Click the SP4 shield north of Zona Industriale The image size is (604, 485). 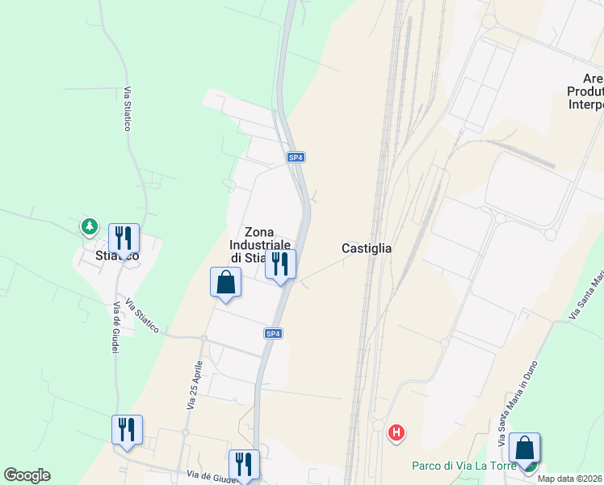[296, 158]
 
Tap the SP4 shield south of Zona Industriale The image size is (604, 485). [274, 333]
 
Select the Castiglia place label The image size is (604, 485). [367, 249]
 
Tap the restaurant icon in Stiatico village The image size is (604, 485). [124, 238]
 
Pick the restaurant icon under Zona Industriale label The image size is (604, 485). [280, 264]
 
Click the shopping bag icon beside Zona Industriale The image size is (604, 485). [225, 282]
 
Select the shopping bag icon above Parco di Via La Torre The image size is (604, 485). [524, 447]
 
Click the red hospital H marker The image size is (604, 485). [396, 433]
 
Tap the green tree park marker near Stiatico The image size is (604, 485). [88, 227]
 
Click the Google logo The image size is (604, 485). [27, 475]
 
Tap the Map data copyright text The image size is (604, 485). [568, 479]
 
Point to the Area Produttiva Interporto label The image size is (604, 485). [586, 91]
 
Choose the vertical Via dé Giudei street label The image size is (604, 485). [116, 327]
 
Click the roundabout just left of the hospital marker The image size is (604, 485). [376, 426]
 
